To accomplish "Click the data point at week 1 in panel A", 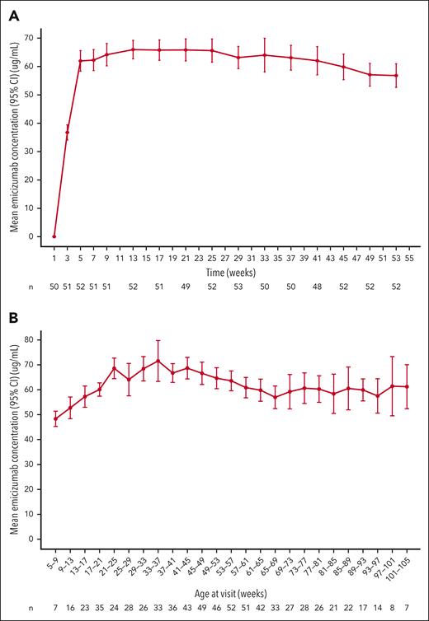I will point(54,236).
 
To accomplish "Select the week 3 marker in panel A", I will point(68,132).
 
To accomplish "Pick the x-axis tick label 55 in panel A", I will point(409,256).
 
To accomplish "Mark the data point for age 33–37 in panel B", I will point(158,361).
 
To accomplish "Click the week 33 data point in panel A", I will point(265,55).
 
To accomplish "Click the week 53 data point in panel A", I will point(396,76).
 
